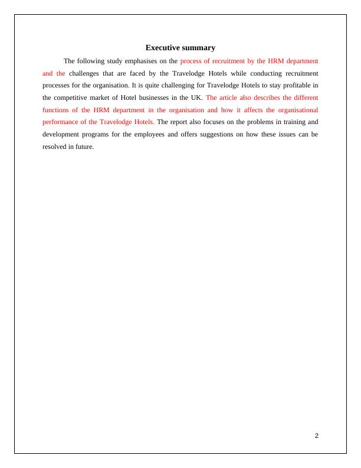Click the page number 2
click(x=317, y=435)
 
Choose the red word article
click(x=231, y=97)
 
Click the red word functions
click(x=58, y=110)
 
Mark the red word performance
click(x=63, y=122)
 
